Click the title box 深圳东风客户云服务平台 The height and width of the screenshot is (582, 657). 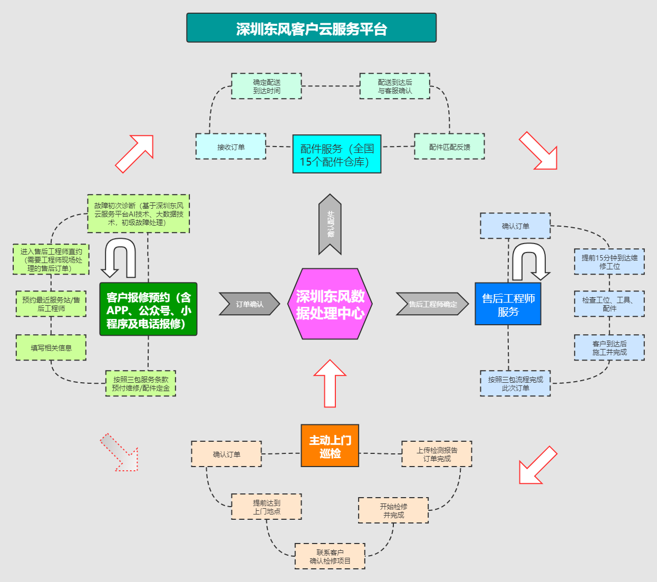tap(311, 28)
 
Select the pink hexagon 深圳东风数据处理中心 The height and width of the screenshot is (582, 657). tap(330, 304)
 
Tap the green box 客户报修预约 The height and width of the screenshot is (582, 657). tap(148, 309)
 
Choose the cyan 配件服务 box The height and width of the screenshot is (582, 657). tap(336, 154)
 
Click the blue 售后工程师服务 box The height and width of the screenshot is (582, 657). tap(508, 304)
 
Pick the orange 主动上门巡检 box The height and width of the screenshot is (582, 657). tap(330, 446)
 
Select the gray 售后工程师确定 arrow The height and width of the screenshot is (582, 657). tap(432, 304)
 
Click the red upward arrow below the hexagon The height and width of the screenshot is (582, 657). tap(330, 383)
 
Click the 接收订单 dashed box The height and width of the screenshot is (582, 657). tap(230, 147)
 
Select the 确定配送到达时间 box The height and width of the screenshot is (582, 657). tap(266, 86)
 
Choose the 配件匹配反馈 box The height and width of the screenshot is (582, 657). tap(449, 147)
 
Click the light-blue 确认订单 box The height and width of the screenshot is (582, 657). tap(515, 226)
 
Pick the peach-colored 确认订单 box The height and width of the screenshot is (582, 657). tap(226, 454)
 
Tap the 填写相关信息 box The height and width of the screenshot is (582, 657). tap(51, 347)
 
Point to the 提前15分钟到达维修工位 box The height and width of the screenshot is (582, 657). tap(609, 262)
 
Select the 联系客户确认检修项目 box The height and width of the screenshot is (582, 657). tap(330, 556)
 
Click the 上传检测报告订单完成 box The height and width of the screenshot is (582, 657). tap(437, 454)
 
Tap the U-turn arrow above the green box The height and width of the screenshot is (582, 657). tap(120, 257)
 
